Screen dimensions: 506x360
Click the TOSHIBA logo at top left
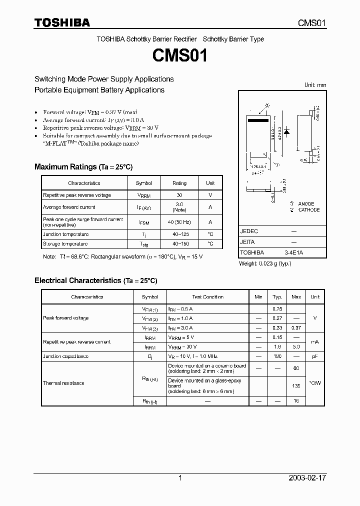[x=62, y=22]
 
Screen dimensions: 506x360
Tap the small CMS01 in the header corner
[x=312, y=23]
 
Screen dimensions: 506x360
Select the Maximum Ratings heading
[x=83, y=167]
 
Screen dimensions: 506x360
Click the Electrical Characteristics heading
[x=95, y=281]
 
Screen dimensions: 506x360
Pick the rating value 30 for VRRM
[x=179, y=195]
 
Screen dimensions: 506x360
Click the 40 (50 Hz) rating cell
[x=179, y=222]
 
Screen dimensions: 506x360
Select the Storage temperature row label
[x=65, y=244]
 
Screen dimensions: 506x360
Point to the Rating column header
[x=179, y=183]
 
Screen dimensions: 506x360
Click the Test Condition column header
[x=207, y=297]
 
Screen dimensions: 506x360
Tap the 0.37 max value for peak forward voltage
[x=296, y=328]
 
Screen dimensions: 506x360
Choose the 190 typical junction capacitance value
[x=277, y=356]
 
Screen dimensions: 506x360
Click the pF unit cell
[x=314, y=356]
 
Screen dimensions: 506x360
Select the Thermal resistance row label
[x=63, y=383]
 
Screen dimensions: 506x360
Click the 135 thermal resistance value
[x=296, y=386]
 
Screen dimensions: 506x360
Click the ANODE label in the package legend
[x=306, y=204]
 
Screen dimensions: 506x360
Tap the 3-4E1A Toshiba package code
[x=293, y=253]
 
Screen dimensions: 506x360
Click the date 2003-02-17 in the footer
[x=307, y=478]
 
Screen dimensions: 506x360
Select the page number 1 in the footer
[x=180, y=478]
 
